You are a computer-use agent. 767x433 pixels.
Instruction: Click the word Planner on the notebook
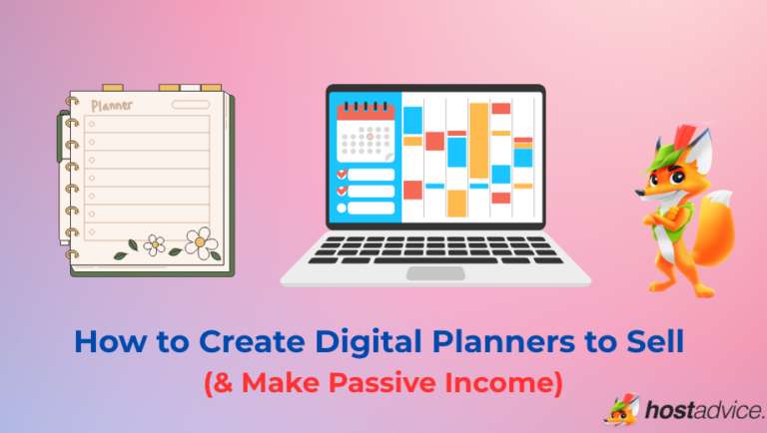point(111,104)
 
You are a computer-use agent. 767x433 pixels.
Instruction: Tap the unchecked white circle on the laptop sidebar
point(342,208)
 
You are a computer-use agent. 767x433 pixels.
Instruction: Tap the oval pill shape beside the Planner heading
point(190,104)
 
